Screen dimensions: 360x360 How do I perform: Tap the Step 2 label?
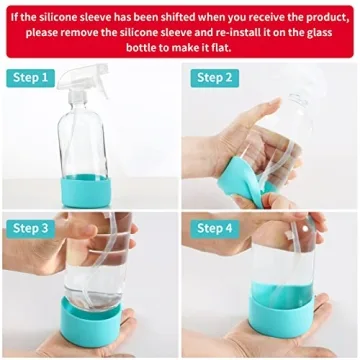tap(214, 77)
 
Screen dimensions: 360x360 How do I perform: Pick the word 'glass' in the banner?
tap(326, 32)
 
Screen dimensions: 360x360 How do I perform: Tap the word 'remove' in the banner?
tap(95, 32)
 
